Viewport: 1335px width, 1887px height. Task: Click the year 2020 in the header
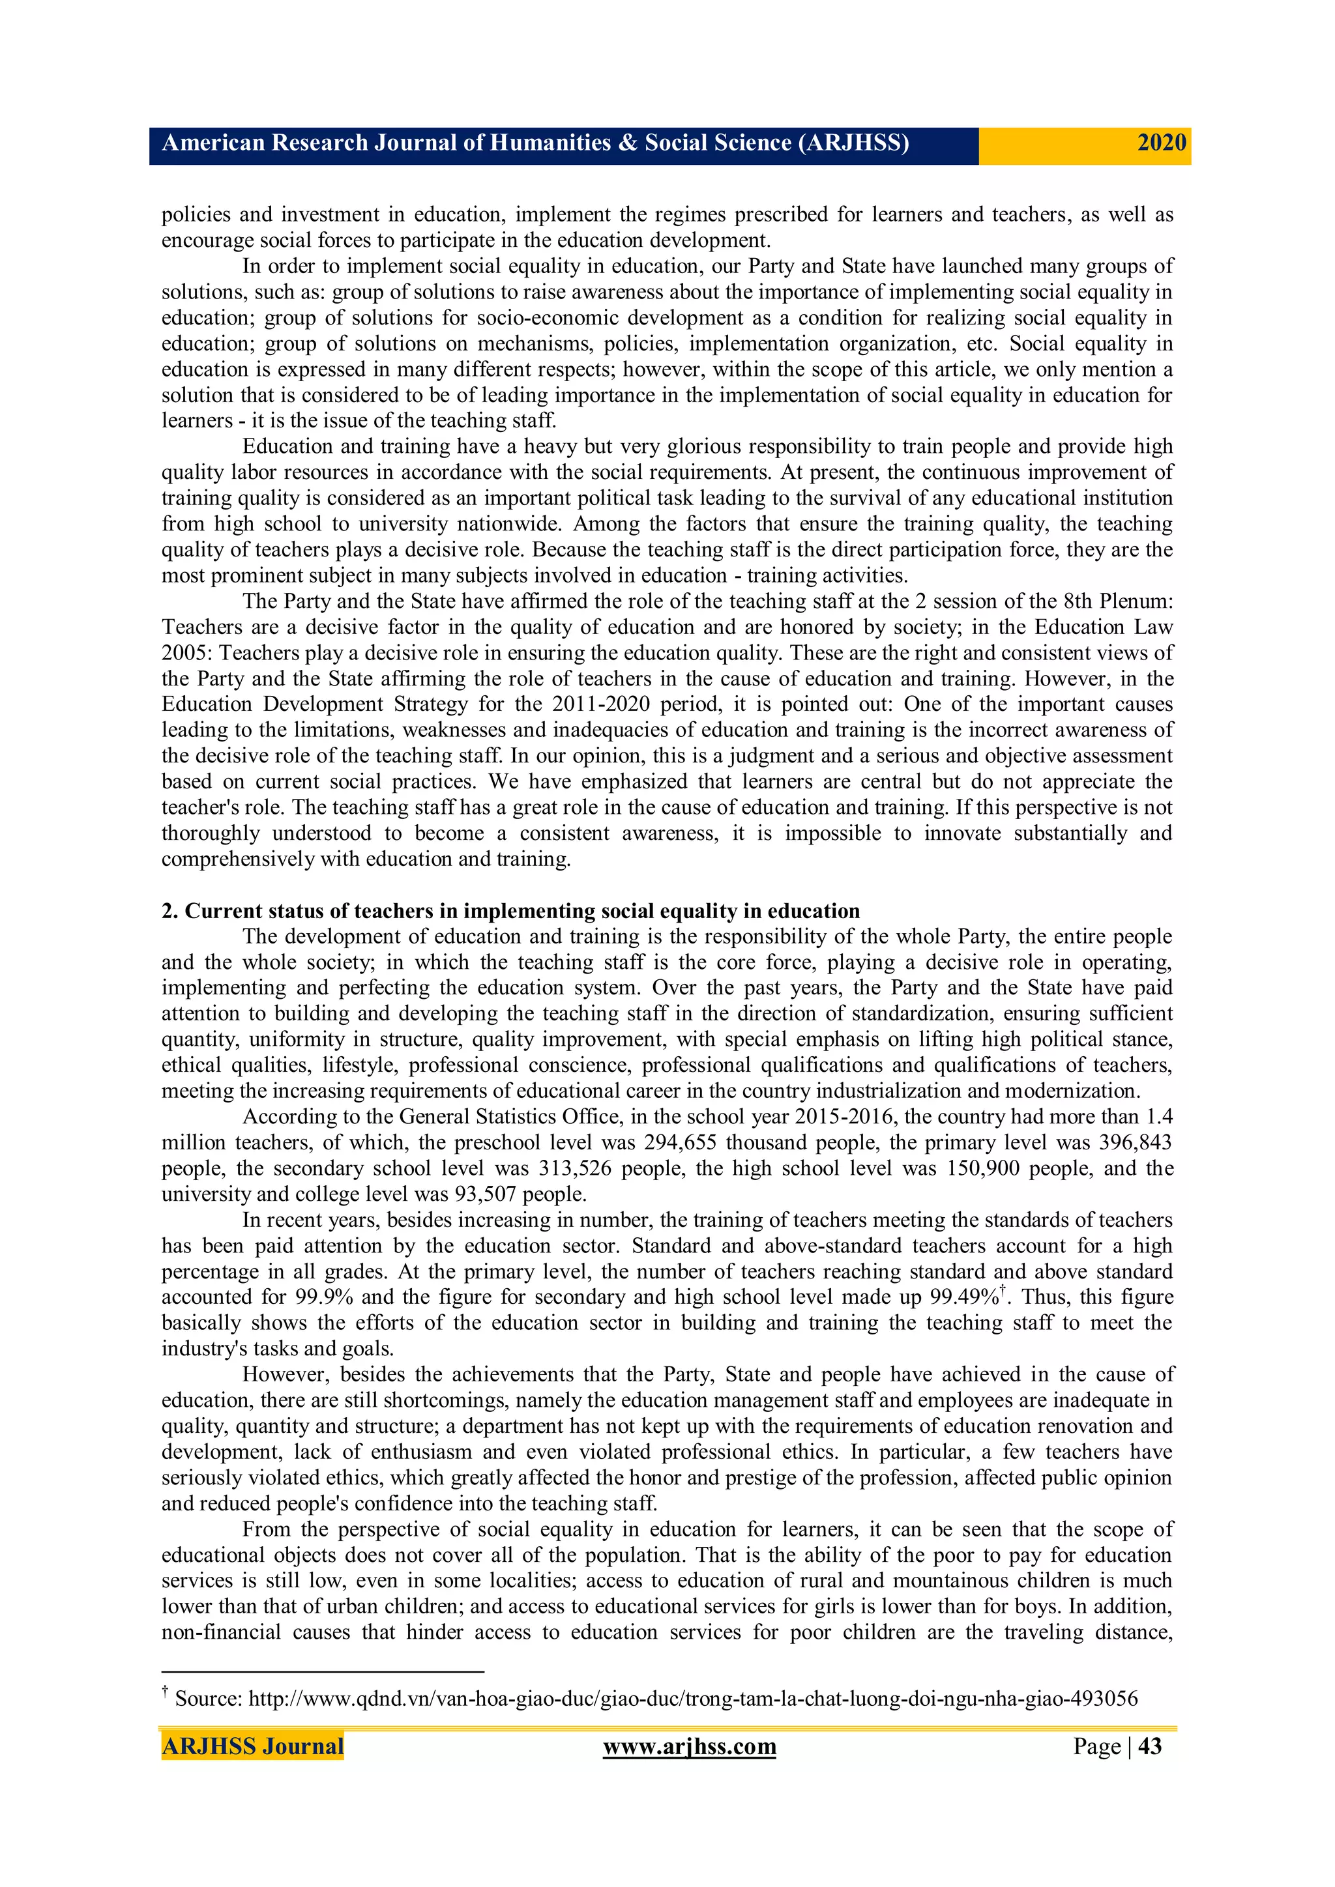[x=1161, y=143]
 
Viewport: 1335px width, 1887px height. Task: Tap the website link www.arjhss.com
[x=689, y=1746]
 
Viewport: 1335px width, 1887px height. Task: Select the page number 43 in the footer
[x=1149, y=1746]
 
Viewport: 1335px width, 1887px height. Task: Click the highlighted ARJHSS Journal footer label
[x=252, y=1746]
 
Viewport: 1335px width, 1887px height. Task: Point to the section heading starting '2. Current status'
[x=510, y=911]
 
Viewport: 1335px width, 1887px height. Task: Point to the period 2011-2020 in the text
[x=606, y=704]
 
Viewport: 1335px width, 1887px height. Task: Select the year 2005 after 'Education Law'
[x=186, y=654]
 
